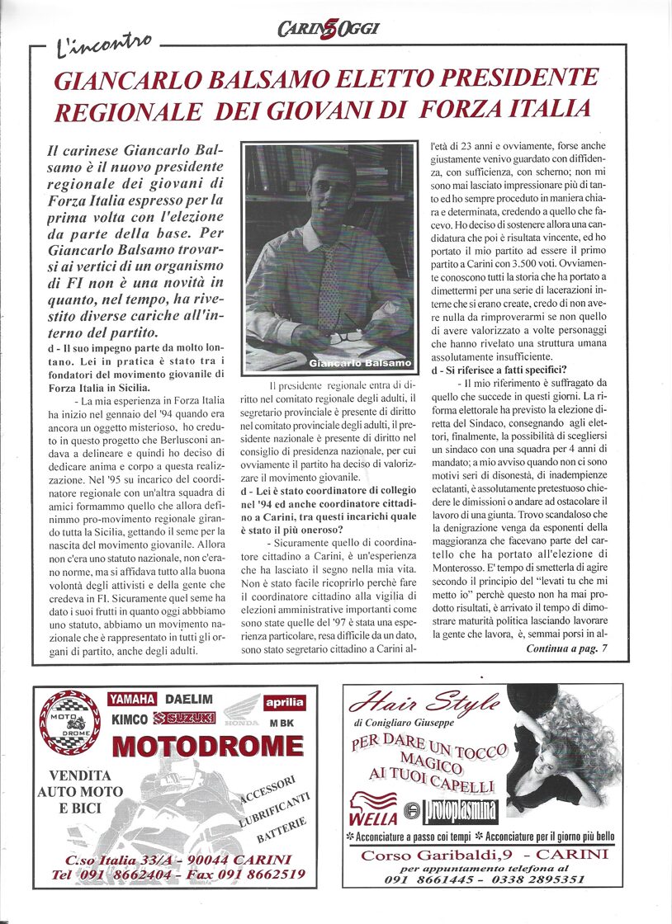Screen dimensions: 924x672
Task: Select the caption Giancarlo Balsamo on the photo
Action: pyautogui.click(x=360, y=363)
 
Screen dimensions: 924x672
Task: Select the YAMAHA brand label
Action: pyautogui.click(x=132, y=700)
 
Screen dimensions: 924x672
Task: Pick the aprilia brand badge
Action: pyautogui.click(x=285, y=703)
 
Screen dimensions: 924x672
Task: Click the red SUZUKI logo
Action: pyautogui.click(x=190, y=719)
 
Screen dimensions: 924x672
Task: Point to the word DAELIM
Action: pyautogui.click(x=189, y=700)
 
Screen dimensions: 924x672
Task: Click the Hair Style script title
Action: pyautogui.click(x=425, y=702)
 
